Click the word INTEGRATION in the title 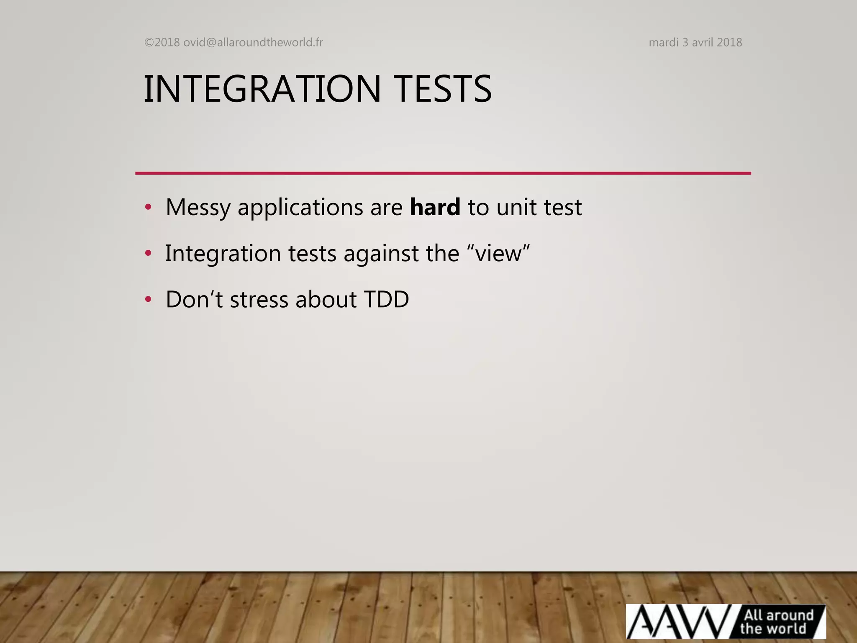click(x=262, y=89)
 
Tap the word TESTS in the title click(x=443, y=89)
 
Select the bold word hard click(x=435, y=207)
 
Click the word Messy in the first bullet click(x=198, y=208)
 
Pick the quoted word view click(x=499, y=254)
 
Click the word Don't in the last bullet click(x=194, y=299)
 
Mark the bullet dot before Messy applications click(x=148, y=207)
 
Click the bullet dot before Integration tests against click(x=148, y=253)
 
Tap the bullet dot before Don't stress click(x=148, y=299)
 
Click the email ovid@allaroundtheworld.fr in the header click(x=253, y=42)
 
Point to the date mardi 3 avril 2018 click(x=695, y=42)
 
